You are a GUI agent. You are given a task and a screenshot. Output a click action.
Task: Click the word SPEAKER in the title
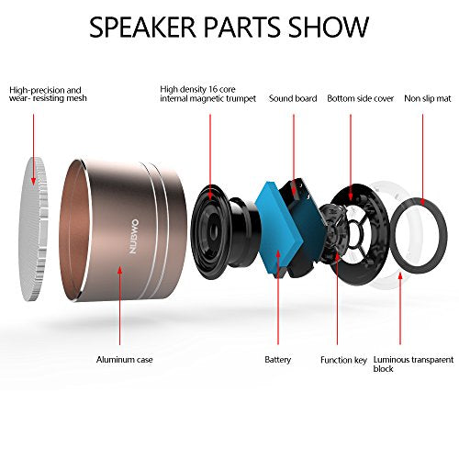click(x=142, y=27)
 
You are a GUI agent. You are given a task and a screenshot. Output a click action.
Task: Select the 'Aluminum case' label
click(x=124, y=360)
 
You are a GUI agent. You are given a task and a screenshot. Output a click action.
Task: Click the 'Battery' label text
click(x=277, y=360)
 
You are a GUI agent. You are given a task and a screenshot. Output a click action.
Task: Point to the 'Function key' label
click(x=343, y=360)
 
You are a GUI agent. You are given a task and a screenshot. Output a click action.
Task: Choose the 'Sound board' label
click(x=293, y=98)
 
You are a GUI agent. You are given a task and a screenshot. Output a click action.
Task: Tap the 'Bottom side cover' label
click(x=360, y=98)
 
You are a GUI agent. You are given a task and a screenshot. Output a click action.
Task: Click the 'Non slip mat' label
click(x=428, y=98)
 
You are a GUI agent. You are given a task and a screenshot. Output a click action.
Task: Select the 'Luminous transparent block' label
click(x=413, y=364)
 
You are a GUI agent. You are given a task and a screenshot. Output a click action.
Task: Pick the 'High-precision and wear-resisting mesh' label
click(x=48, y=95)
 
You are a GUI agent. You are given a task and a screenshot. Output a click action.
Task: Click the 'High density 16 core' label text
click(x=197, y=89)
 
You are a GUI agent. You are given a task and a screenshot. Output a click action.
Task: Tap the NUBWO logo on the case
click(x=134, y=236)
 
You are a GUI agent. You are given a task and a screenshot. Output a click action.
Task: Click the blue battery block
click(x=278, y=227)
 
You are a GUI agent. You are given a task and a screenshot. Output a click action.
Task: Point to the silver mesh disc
click(x=34, y=229)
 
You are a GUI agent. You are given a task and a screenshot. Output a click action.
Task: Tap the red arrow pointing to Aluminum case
click(x=119, y=306)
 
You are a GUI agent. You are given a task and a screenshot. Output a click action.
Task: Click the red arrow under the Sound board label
click(x=294, y=154)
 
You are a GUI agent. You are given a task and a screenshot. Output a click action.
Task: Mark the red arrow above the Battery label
click(x=278, y=297)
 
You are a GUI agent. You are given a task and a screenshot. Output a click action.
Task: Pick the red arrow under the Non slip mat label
click(x=422, y=160)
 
